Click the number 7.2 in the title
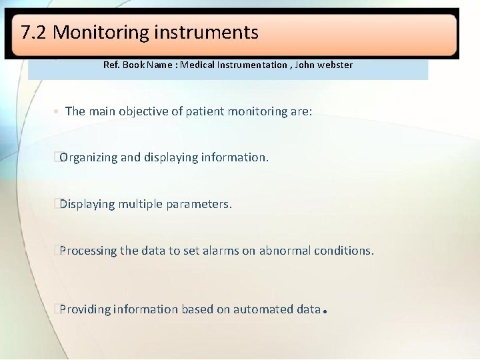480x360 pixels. [x=34, y=32]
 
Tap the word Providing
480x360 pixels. [x=85, y=309]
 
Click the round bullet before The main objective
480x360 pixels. [x=57, y=112]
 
